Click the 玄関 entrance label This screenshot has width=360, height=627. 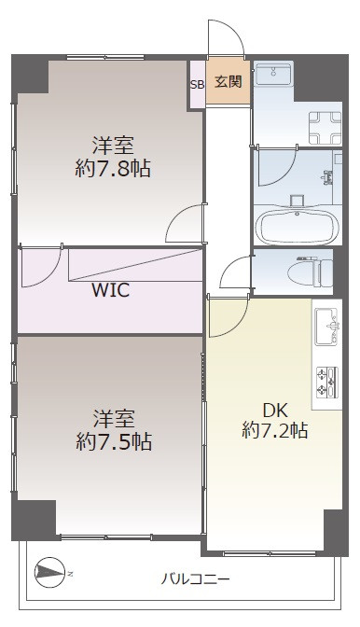tap(228, 82)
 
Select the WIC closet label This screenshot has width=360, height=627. tap(110, 289)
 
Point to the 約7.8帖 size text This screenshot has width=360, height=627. tap(113, 169)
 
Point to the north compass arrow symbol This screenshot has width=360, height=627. tap(49, 571)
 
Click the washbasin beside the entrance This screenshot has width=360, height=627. tap(274, 75)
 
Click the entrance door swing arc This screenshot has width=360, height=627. tap(226, 40)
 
